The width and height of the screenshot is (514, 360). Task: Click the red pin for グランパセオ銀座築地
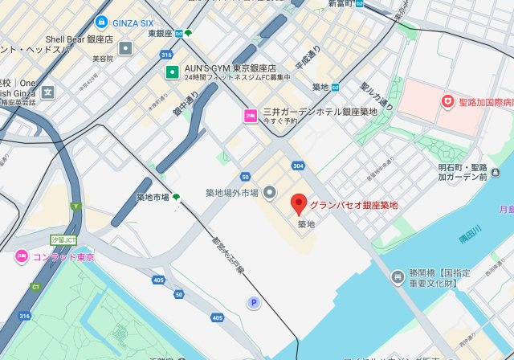pyautogui.click(x=299, y=203)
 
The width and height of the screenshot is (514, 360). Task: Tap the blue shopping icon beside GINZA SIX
pyautogui.click(x=101, y=22)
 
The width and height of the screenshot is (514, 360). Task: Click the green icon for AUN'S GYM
pyautogui.click(x=172, y=73)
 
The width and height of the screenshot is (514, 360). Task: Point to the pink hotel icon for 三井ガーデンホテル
pyautogui.click(x=251, y=117)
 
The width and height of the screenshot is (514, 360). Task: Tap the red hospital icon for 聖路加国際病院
pyautogui.click(x=447, y=101)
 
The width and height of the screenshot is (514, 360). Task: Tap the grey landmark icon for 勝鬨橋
pyautogui.click(x=398, y=277)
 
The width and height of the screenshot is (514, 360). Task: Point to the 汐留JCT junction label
pyautogui.click(x=63, y=239)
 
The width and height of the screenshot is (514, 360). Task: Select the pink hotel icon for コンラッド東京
pyautogui.click(x=22, y=257)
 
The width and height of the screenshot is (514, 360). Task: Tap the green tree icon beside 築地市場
pyautogui.click(x=176, y=197)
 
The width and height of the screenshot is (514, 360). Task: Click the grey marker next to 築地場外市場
pyautogui.click(x=269, y=192)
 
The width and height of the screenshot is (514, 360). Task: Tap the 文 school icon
pyautogui.click(x=47, y=92)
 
